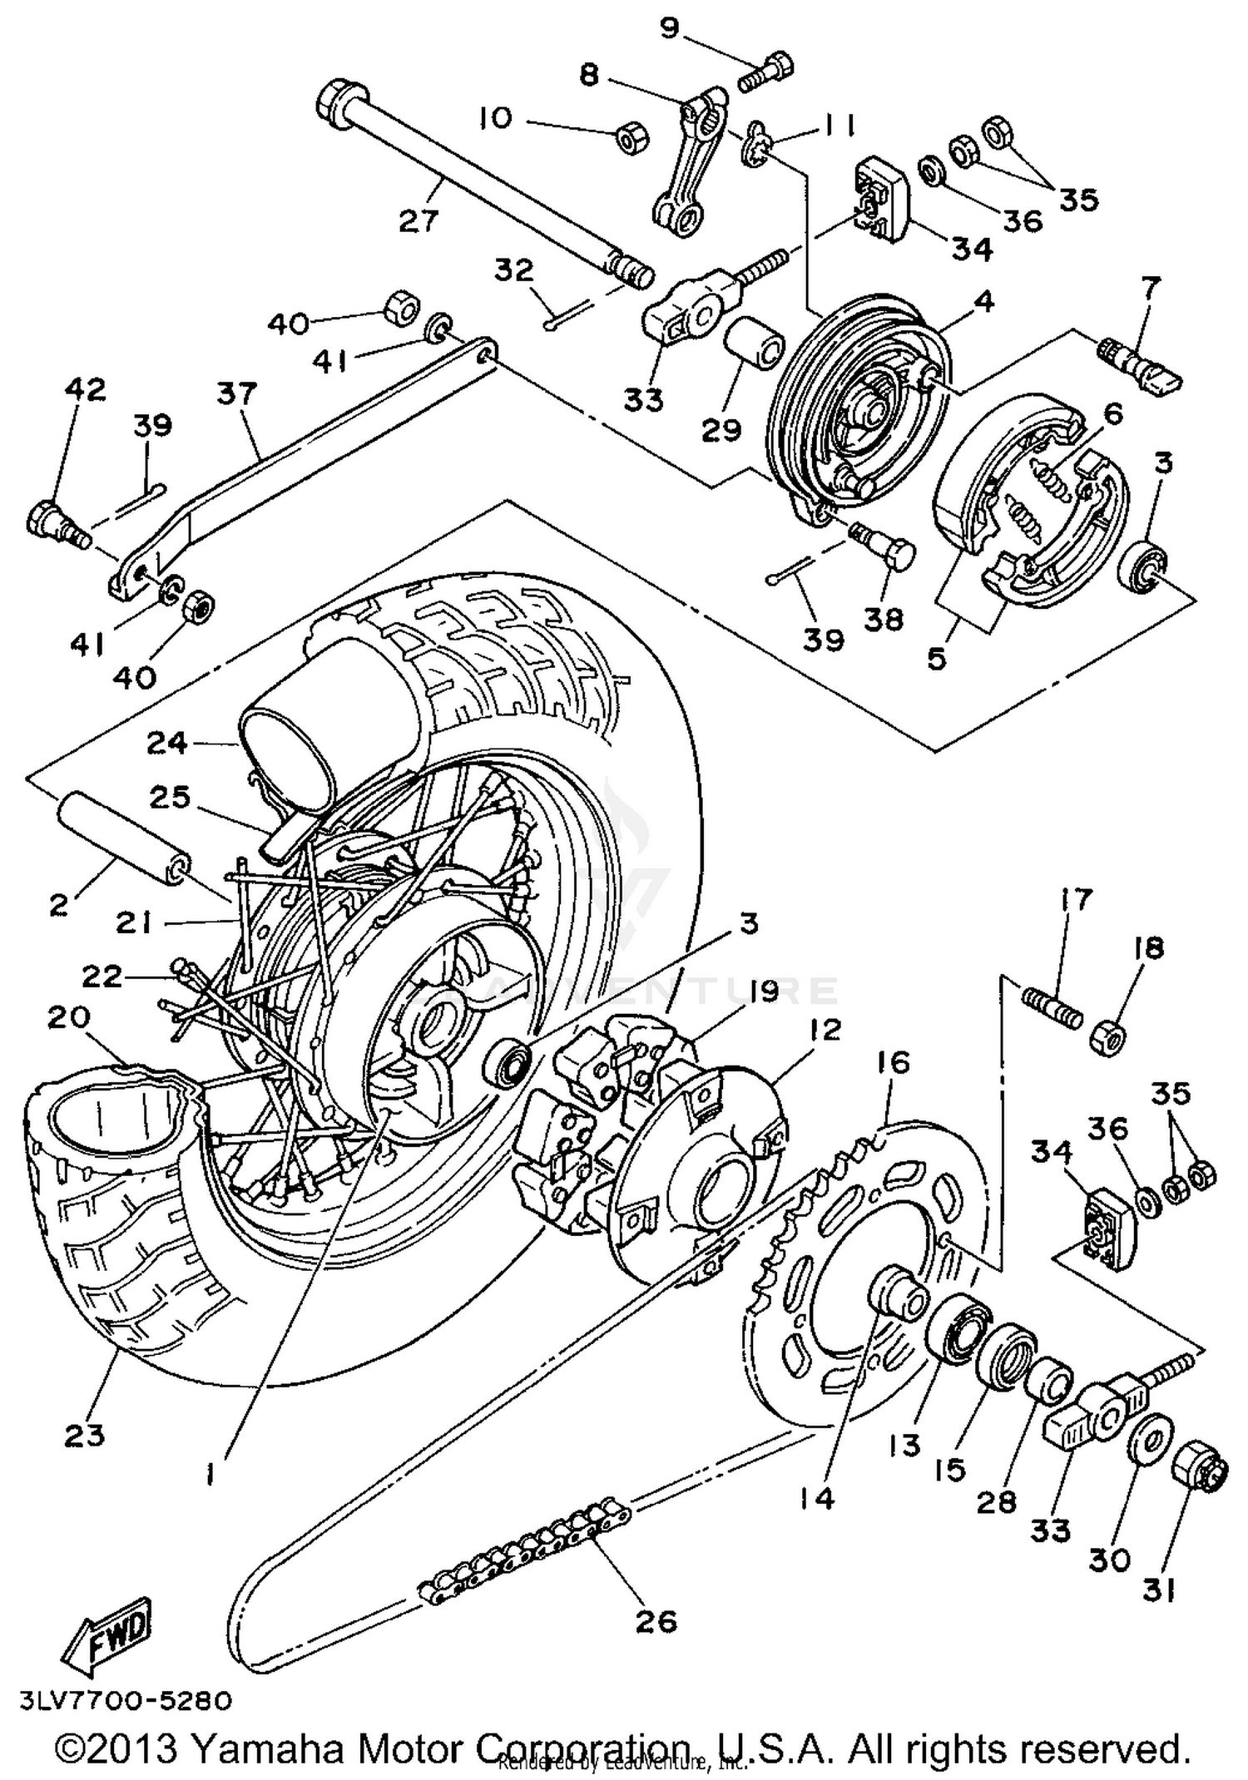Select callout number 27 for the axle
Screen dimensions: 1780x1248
tap(418, 222)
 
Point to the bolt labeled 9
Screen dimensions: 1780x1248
tap(767, 71)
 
